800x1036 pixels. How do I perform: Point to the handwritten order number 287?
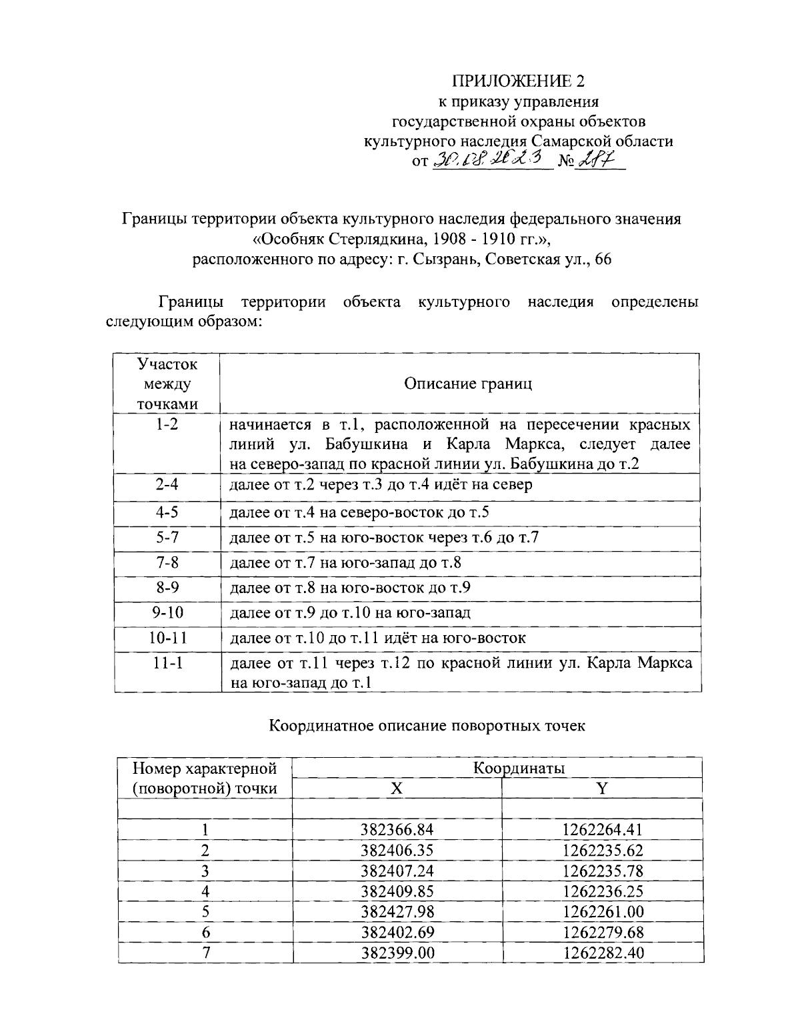(x=593, y=160)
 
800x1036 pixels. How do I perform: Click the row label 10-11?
(x=167, y=638)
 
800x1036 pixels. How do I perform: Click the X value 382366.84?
(x=397, y=830)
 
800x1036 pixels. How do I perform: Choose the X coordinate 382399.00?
(x=397, y=953)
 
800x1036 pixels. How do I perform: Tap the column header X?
(x=397, y=789)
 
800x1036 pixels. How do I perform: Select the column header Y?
(x=602, y=789)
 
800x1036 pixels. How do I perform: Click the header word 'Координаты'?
(x=519, y=768)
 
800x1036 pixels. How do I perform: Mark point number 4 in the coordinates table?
(x=205, y=891)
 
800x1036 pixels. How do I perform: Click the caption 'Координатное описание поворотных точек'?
(x=427, y=725)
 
